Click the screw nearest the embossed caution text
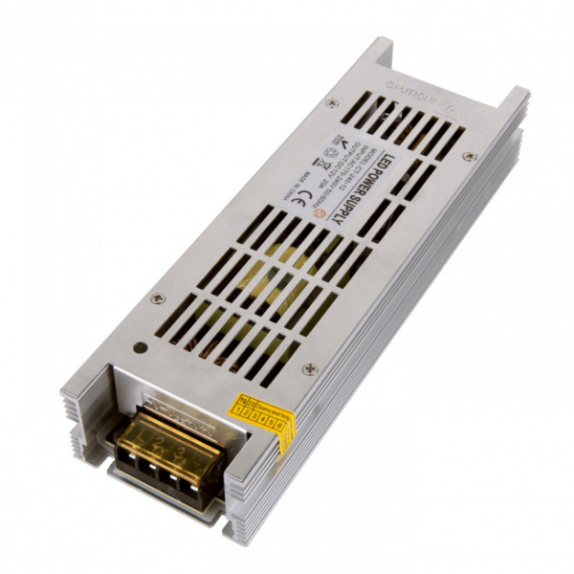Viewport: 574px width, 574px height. [x=331, y=103]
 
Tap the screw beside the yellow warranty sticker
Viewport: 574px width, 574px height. [x=308, y=368]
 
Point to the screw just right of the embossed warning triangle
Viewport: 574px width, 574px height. [x=468, y=156]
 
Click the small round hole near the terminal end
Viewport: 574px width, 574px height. [x=140, y=349]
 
